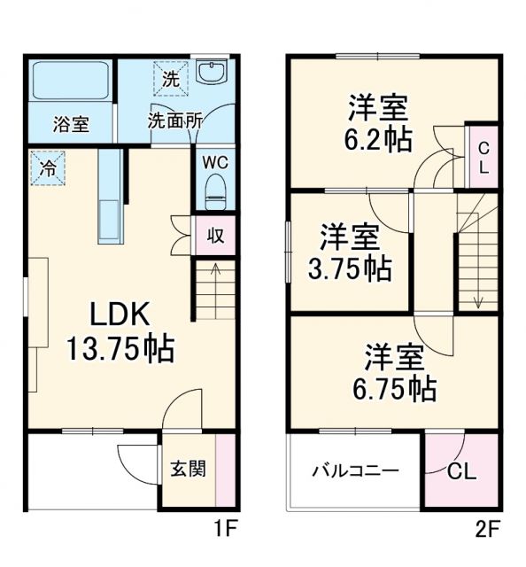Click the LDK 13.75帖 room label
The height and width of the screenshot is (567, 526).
click(x=120, y=330)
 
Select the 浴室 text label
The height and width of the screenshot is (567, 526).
click(x=70, y=124)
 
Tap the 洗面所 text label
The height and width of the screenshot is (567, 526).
click(x=174, y=120)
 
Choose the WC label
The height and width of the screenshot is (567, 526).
click(x=215, y=163)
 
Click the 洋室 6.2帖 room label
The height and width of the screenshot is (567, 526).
click(x=377, y=124)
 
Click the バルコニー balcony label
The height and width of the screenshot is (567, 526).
click(x=354, y=470)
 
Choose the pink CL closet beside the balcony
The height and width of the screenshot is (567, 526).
click(x=460, y=470)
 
